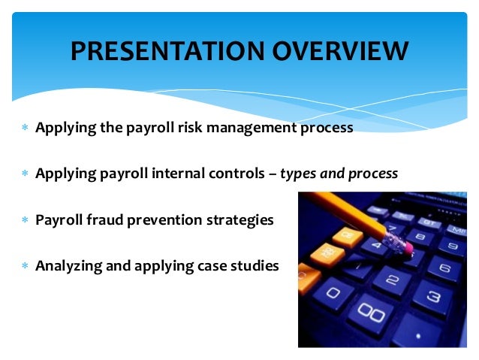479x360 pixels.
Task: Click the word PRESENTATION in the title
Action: pyautogui.click(x=167, y=51)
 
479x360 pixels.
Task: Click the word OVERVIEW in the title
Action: pyautogui.click(x=340, y=51)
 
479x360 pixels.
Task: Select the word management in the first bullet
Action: pyautogui.click(x=252, y=129)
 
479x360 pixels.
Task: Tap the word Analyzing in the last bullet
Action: pyautogui.click(x=69, y=266)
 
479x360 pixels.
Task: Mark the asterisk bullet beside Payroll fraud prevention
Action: pyautogui.click(x=26, y=219)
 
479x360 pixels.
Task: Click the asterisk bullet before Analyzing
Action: pyautogui.click(x=26, y=265)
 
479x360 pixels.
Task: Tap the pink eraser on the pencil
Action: pyautogui.click(x=407, y=246)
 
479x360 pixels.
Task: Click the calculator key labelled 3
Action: pyautogui.click(x=433, y=298)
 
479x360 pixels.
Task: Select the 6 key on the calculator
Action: pyautogui.click(x=444, y=269)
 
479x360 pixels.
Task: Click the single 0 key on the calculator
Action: pyautogui.click(x=333, y=294)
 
